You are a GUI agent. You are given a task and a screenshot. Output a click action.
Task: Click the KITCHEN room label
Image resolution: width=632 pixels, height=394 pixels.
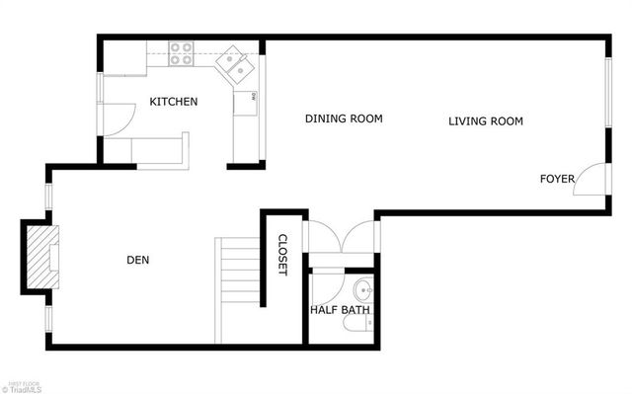coord(174,102)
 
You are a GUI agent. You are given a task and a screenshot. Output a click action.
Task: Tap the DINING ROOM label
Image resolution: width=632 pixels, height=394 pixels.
coord(343,118)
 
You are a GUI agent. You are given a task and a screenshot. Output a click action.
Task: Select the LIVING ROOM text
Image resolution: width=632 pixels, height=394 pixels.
coord(485,121)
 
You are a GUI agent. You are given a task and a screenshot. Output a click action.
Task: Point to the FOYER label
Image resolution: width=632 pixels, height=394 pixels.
coord(557,179)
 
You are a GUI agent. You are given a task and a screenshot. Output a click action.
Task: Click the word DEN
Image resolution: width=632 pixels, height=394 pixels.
coord(138,261)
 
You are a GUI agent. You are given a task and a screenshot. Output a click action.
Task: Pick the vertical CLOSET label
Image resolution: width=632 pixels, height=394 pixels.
coord(281,255)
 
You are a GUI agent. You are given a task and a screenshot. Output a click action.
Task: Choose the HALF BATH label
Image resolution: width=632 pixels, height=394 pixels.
coord(340,310)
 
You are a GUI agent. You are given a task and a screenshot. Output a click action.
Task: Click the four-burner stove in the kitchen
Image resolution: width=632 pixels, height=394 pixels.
coord(180,52)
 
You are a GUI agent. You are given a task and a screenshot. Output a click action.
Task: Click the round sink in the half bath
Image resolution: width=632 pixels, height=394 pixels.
coord(362,290)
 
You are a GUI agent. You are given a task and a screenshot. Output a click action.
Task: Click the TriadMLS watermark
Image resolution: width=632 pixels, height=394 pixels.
coord(23,388)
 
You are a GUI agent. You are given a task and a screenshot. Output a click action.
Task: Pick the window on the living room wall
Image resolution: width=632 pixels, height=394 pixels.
coord(605,92)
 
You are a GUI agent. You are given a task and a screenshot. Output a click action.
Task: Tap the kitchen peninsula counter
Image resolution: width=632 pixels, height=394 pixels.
coord(148,149)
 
